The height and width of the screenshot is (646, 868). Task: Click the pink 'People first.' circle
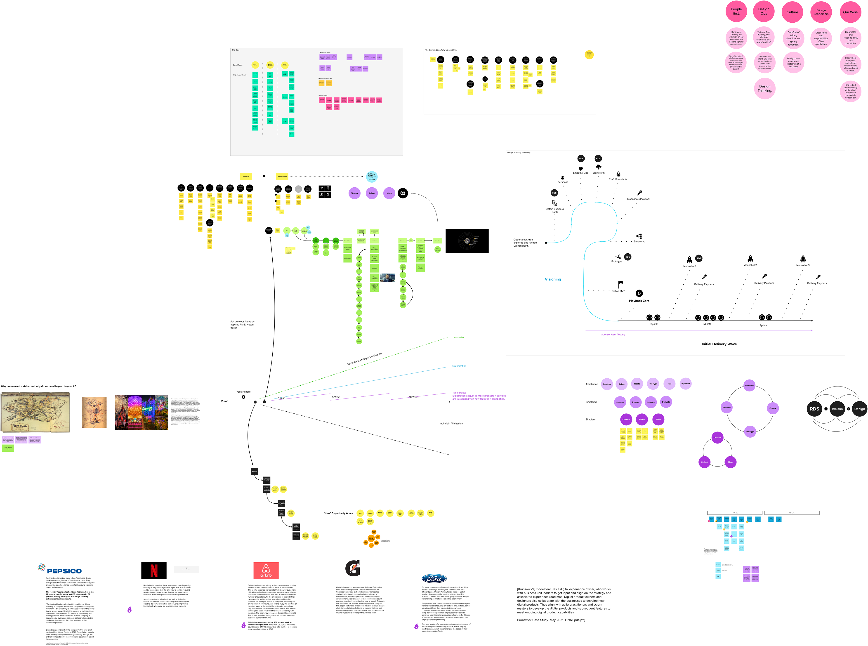click(736, 11)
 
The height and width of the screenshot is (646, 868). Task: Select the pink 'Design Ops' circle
click(763, 11)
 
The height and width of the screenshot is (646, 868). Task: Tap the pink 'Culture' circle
click(792, 12)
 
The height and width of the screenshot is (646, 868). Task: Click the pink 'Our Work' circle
click(850, 12)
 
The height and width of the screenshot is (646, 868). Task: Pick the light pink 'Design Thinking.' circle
click(764, 88)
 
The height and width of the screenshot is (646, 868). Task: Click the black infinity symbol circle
click(402, 193)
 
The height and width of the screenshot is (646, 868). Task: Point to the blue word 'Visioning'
click(552, 279)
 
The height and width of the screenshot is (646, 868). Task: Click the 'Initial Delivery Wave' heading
click(719, 344)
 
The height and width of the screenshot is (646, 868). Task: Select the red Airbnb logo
click(266, 571)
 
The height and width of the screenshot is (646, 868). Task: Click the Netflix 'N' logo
click(154, 571)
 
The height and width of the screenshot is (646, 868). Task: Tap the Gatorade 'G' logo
click(352, 568)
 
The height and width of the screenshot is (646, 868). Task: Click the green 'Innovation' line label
click(459, 337)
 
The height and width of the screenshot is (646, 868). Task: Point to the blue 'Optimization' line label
click(459, 366)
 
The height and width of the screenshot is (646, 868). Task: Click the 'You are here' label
click(243, 391)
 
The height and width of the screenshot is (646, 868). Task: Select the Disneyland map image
click(35, 413)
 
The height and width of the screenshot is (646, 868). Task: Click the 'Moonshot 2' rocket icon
click(750, 259)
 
